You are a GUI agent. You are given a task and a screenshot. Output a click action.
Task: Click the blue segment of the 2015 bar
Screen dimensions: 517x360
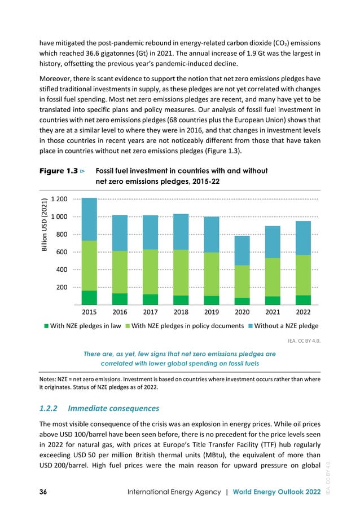[x=89, y=219]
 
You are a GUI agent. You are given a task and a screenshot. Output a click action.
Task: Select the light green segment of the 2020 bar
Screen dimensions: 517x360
[x=242, y=281]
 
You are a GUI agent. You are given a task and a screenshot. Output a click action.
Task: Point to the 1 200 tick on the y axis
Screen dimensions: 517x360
[x=59, y=199]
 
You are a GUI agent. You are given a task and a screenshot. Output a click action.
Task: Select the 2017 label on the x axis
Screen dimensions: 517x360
[x=150, y=311]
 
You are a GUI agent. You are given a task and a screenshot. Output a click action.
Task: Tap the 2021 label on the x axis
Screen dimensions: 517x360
[x=272, y=311]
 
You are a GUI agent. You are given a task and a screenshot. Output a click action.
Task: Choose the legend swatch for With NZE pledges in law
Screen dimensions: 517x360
[x=49, y=326]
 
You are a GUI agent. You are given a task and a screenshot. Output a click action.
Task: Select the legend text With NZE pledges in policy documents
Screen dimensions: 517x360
[x=188, y=326]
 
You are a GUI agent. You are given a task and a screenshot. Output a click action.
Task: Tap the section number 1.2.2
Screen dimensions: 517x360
[x=50, y=408]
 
